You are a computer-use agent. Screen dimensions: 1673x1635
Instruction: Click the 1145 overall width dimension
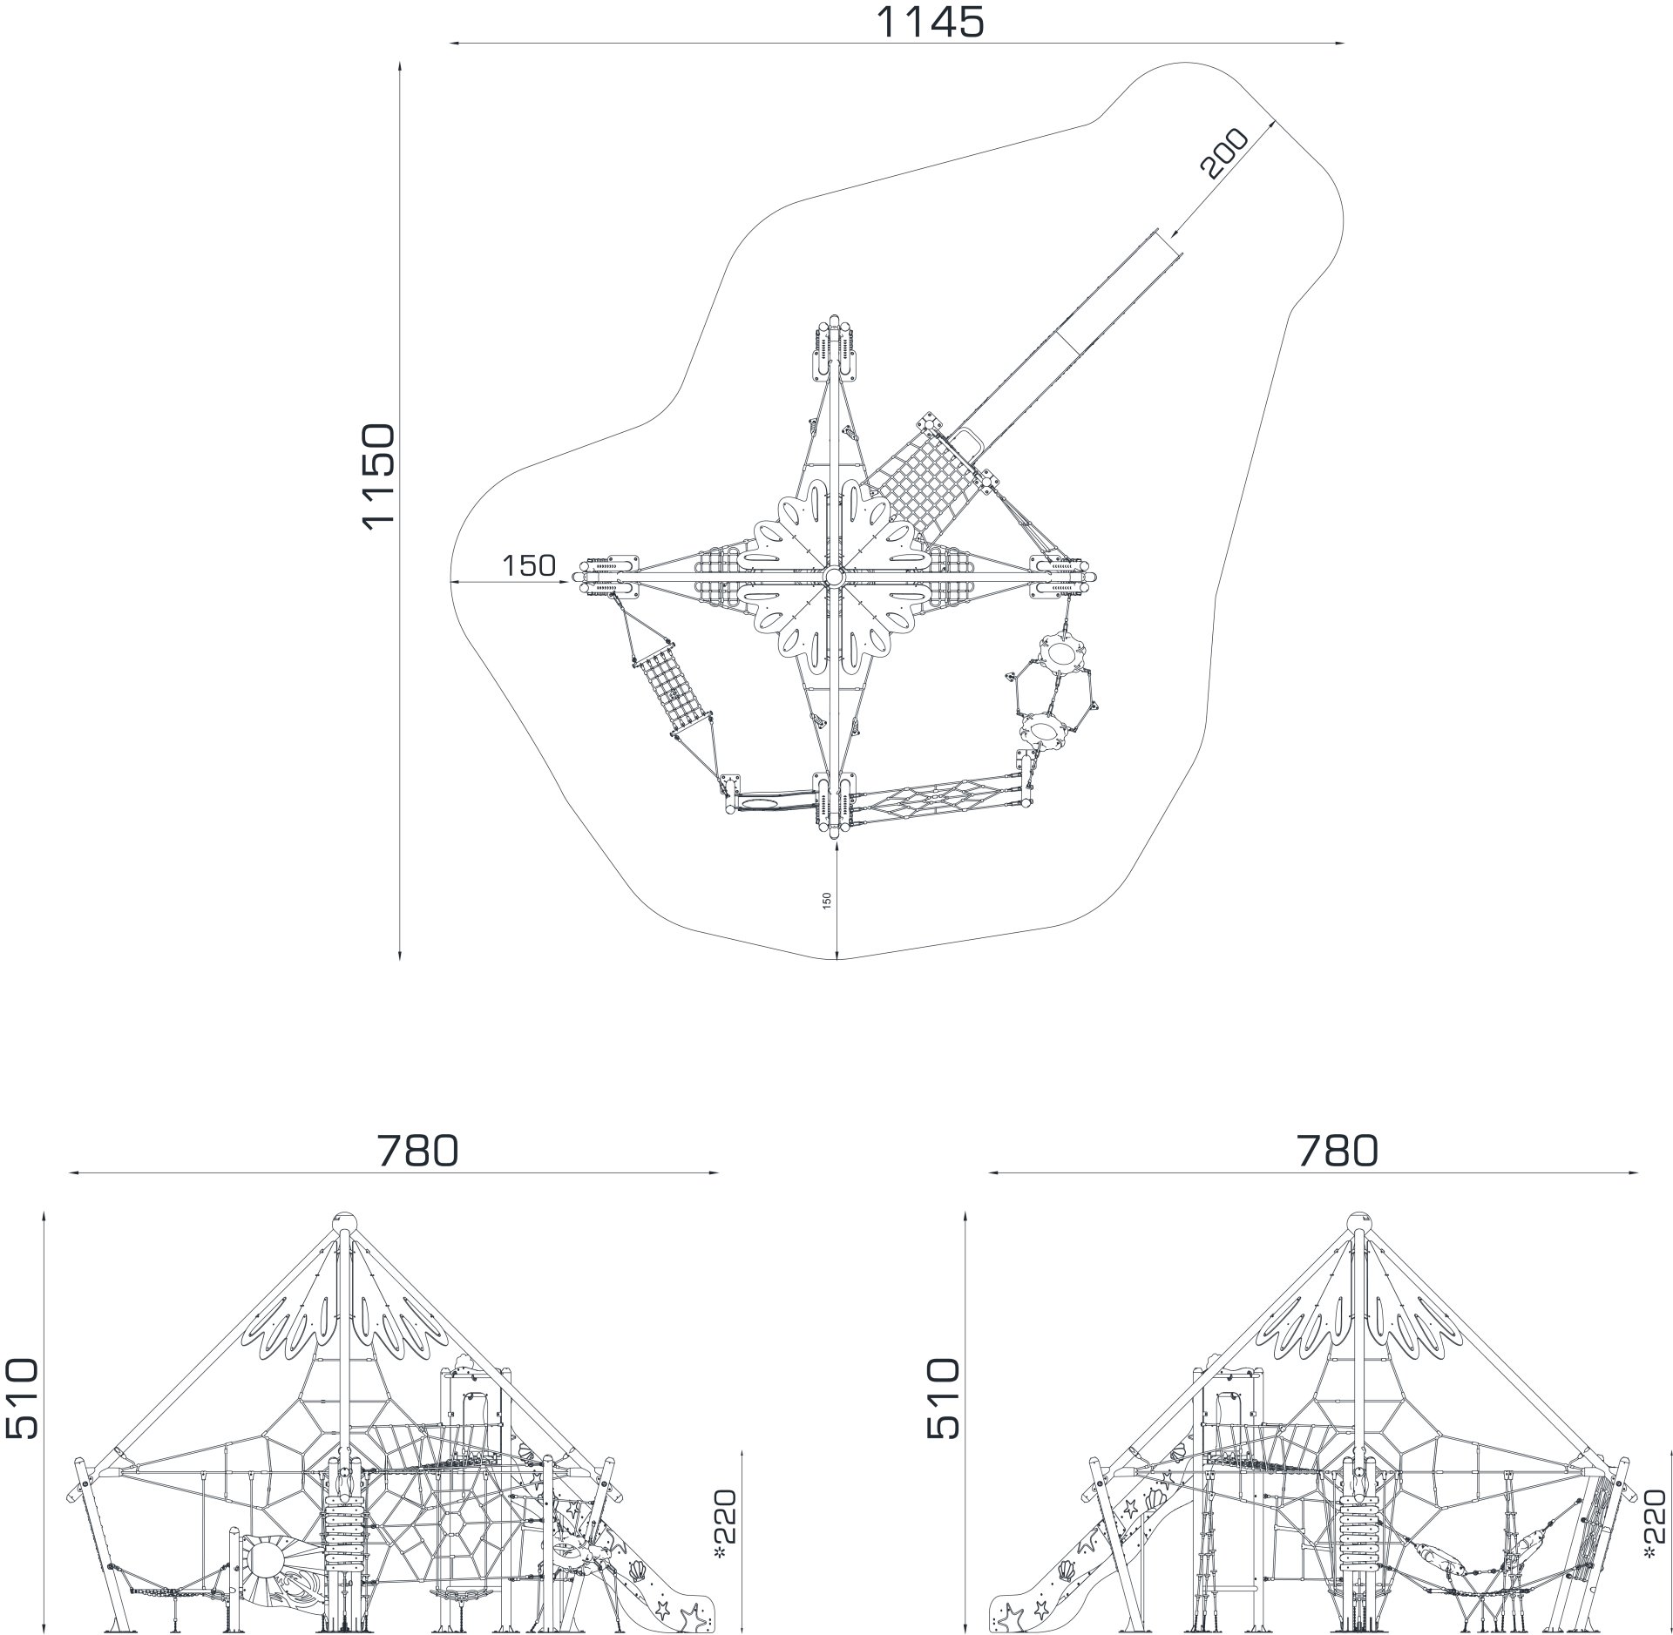coord(930,22)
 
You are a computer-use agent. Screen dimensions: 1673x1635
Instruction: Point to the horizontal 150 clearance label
coord(529,565)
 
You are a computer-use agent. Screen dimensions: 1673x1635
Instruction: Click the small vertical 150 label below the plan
coord(827,901)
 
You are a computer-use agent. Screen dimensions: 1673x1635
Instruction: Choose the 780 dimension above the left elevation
coord(417,1151)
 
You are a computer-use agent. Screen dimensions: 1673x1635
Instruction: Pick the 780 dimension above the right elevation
coord(1338,1151)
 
